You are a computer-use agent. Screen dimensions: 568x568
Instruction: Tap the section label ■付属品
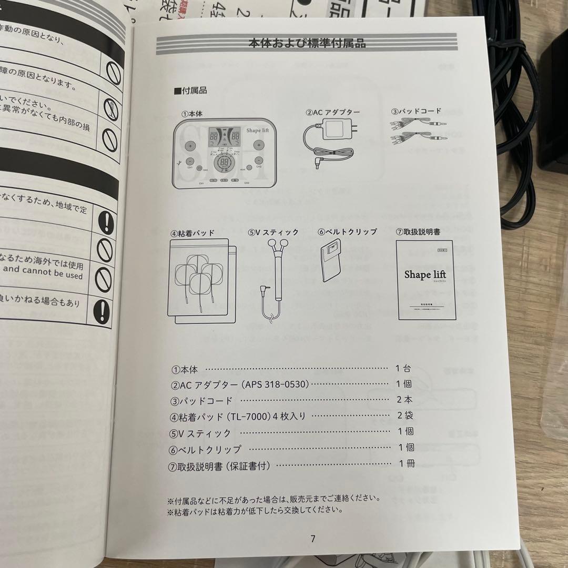[190, 90]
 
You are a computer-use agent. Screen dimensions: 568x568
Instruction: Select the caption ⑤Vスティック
[273, 232]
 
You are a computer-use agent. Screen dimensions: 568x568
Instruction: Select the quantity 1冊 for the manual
[407, 464]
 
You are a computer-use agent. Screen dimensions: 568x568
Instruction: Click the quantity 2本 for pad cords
[404, 400]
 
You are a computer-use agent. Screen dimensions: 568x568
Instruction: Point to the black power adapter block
[552, 105]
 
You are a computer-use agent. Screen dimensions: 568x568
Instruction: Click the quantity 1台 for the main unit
[404, 369]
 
